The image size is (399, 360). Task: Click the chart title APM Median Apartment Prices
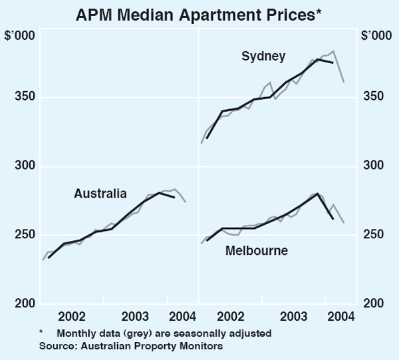199,13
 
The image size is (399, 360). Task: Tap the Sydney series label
263,56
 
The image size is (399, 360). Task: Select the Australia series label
100,194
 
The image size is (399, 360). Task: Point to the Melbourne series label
257,251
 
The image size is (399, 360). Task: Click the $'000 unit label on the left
20,35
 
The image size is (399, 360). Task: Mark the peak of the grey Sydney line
333,51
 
